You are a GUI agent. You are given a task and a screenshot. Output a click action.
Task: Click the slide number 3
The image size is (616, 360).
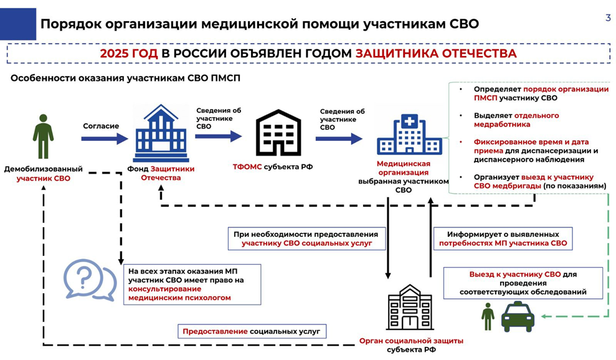608,17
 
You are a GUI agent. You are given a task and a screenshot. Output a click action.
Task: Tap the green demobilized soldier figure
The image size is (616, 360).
43,136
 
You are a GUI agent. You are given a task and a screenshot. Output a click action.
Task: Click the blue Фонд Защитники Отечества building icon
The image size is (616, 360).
161,133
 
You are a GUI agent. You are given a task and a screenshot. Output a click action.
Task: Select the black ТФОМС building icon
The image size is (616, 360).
278,133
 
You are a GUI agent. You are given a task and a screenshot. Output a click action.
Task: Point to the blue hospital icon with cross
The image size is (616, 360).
409,135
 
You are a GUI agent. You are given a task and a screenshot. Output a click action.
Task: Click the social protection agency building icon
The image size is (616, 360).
410,307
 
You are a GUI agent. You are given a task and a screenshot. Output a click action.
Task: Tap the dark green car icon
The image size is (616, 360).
518,317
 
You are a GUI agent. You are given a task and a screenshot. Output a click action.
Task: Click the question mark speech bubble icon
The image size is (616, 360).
90,280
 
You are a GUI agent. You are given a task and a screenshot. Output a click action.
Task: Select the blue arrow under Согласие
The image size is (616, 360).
105,139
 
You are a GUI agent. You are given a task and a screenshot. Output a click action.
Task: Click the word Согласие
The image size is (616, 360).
101,126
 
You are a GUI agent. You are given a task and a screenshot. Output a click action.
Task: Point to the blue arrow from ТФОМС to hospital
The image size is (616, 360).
339,139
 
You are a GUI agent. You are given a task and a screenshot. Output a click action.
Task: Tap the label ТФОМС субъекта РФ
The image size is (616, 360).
273,167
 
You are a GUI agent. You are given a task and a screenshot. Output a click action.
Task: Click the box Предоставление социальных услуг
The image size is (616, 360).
252,331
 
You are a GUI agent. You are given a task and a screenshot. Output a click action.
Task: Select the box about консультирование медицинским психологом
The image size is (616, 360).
192,285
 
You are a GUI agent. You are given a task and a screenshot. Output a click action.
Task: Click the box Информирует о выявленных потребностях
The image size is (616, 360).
503,239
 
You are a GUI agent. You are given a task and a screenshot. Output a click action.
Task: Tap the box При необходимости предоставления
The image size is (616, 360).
306,239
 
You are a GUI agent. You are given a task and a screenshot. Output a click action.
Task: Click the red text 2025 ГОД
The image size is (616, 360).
128,54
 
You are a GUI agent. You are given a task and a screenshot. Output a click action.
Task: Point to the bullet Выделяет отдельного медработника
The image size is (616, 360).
516,120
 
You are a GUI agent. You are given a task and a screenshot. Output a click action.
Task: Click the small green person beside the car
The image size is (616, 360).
488,316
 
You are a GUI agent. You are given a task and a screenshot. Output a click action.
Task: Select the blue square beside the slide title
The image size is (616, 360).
18,24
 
